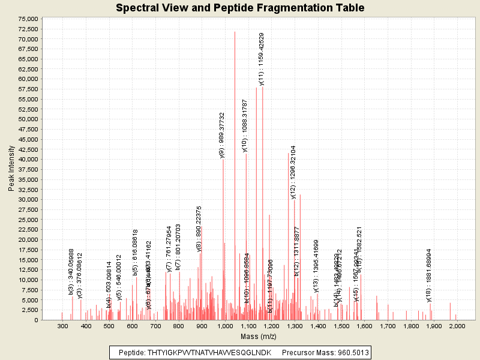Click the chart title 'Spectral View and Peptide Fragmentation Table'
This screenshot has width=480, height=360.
[240, 8]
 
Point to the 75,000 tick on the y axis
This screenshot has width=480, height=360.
[28, 19]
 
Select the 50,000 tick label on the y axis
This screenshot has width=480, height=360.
[28, 119]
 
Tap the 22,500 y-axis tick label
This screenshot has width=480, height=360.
[28, 229]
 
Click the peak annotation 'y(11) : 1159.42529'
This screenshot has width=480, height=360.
[262, 59]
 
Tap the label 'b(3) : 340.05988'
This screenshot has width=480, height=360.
[71, 271]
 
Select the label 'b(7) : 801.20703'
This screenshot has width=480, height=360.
[178, 247]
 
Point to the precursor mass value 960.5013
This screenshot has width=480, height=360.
[351, 352]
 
